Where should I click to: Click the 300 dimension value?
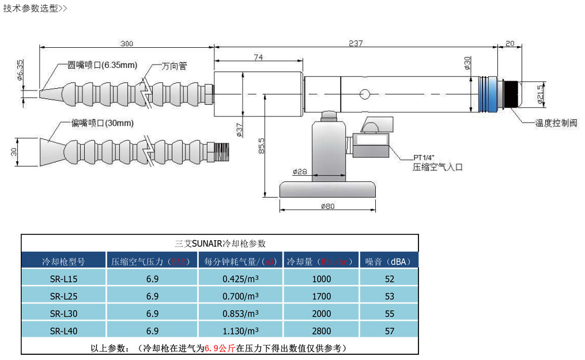coord(127,43)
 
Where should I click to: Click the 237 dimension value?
coord(356,43)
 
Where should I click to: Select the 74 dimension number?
coord(258,57)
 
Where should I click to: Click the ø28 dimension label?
coord(299,172)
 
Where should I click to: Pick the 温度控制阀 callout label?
coord(556,123)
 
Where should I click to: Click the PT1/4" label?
coord(425,157)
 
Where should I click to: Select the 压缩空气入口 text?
coord(437,167)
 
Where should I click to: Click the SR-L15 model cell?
coord(63,279)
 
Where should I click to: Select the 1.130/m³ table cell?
coord(240,331)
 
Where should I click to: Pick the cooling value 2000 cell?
coord(321,313)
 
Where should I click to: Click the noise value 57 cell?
coord(389,331)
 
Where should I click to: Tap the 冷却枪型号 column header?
coord(63,262)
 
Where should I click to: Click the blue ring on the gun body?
coord(488,94)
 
